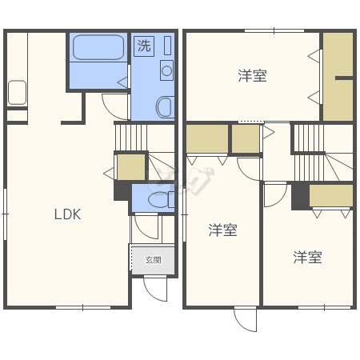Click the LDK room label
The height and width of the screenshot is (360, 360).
coord(67,214)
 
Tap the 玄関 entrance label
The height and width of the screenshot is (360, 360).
coord(154,260)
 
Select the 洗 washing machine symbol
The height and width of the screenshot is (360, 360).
coord(144,46)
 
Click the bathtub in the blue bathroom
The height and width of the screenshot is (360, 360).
coord(98,47)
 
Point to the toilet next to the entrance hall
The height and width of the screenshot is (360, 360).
coord(161,199)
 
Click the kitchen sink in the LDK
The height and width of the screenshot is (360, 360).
coord(17,93)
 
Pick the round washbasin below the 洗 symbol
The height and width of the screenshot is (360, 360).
coord(166,70)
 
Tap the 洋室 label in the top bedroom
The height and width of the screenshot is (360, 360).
coord(252,76)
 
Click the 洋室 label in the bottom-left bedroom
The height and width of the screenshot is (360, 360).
coord(222,230)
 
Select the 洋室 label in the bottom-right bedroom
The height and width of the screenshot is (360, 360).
coord(307,258)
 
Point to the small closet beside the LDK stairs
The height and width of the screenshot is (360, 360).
coord(131,167)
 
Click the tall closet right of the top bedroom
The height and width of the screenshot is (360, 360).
coord(338,77)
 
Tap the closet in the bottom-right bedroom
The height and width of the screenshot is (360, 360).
coord(331,195)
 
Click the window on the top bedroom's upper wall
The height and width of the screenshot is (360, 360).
coord(274,31)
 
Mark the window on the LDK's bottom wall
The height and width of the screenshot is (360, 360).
coord(83,307)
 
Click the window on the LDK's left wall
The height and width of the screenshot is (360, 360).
coord(5,214)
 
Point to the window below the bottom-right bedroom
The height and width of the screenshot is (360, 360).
coord(324,307)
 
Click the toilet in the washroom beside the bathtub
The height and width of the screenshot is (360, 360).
coord(164,107)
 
